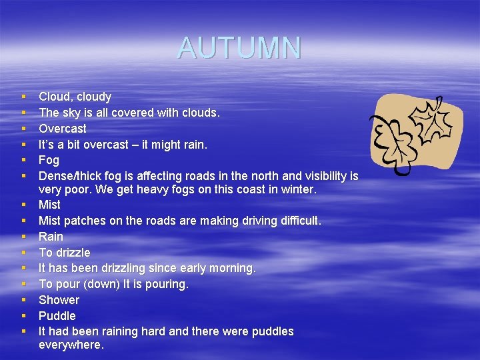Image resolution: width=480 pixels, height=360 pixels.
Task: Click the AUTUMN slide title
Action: (x=239, y=47)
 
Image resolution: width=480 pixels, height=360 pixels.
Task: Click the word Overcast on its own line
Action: (x=63, y=128)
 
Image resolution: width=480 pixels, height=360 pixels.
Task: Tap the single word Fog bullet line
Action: (x=49, y=160)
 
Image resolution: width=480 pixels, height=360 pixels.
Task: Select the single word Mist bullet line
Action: (x=49, y=205)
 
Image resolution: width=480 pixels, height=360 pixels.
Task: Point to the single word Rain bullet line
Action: (x=51, y=237)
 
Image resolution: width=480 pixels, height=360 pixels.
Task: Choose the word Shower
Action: (x=59, y=300)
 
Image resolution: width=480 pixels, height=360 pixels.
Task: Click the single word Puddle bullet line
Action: (x=57, y=316)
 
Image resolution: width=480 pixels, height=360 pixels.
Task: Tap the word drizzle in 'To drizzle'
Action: (x=73, y=253)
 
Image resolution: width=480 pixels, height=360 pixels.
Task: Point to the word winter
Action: (x=299, y=189)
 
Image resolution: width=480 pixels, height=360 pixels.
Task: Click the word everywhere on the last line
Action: (x=71, y=345)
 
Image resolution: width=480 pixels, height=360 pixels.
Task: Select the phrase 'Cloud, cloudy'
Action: (x=75, y=97)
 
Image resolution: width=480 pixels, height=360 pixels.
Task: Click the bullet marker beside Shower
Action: (x=23, y=300)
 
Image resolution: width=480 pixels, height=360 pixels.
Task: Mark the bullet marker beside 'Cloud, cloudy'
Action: (x=23, y=97)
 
